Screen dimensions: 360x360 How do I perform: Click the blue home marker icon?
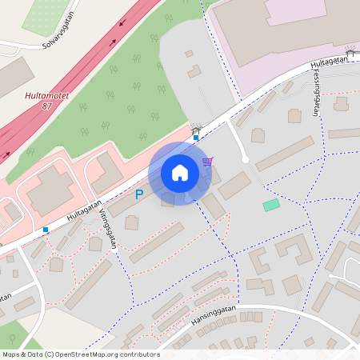point(180,172)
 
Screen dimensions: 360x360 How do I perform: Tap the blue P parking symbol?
point(138,194)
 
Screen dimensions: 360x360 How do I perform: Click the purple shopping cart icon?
point(207,162)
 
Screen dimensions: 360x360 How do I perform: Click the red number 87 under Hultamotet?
point(46,106)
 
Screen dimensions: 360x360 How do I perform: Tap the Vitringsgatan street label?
point(108,230)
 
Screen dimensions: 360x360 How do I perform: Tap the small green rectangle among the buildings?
point(271,205)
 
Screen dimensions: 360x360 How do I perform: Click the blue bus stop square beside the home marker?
point(196,138)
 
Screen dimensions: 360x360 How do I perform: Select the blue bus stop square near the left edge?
point(46,230)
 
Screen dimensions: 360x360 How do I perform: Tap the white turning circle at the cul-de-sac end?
point(246,159)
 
